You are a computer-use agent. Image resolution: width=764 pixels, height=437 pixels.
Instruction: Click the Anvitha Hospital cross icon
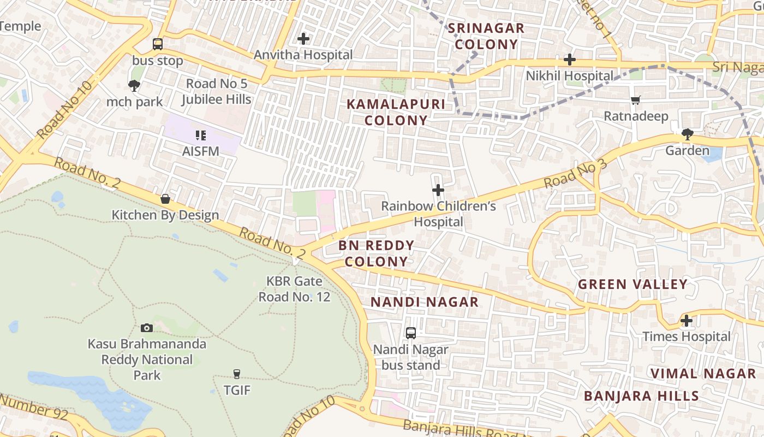click(303, 39)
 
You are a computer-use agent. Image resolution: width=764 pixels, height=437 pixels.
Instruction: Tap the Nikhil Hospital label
click(569, 76)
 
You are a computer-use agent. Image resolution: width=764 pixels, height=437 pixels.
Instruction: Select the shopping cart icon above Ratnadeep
click(635, 101)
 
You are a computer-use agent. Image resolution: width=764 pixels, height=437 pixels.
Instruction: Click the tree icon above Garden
click(687, 134)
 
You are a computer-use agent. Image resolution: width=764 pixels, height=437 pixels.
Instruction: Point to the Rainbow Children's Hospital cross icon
click(438, 190)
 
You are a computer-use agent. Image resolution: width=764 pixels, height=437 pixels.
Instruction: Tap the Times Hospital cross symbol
click(687, 321)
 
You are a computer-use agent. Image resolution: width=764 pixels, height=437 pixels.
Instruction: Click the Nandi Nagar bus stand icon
click(411, 333)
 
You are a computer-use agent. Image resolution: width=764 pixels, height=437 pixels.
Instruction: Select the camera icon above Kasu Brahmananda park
click(147, 328)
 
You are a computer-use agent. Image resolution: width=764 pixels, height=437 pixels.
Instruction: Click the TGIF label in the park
click(237, 390)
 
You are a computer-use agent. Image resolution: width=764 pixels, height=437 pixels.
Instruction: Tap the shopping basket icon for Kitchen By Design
click(165, 199)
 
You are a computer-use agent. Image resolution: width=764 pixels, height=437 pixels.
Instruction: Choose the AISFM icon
click(201, 135)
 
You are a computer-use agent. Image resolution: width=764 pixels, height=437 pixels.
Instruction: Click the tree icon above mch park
click(134, 86)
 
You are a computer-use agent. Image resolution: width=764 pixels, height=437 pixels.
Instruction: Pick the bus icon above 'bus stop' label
click(157, 44)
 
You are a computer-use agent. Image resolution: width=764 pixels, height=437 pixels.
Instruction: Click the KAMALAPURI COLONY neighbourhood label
click(396, 112)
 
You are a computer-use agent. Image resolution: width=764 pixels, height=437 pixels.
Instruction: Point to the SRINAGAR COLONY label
click(486, 36)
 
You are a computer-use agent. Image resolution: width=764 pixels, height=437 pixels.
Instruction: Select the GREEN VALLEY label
click(632, 284)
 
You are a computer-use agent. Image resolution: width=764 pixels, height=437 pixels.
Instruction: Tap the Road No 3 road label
click(575, 174)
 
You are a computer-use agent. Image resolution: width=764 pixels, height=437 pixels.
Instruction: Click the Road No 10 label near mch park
click(65, 110)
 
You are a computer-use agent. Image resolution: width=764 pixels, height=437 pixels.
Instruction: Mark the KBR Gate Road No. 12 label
click(294, 289)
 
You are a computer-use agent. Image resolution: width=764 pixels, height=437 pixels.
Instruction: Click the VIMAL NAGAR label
click(703, 374)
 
